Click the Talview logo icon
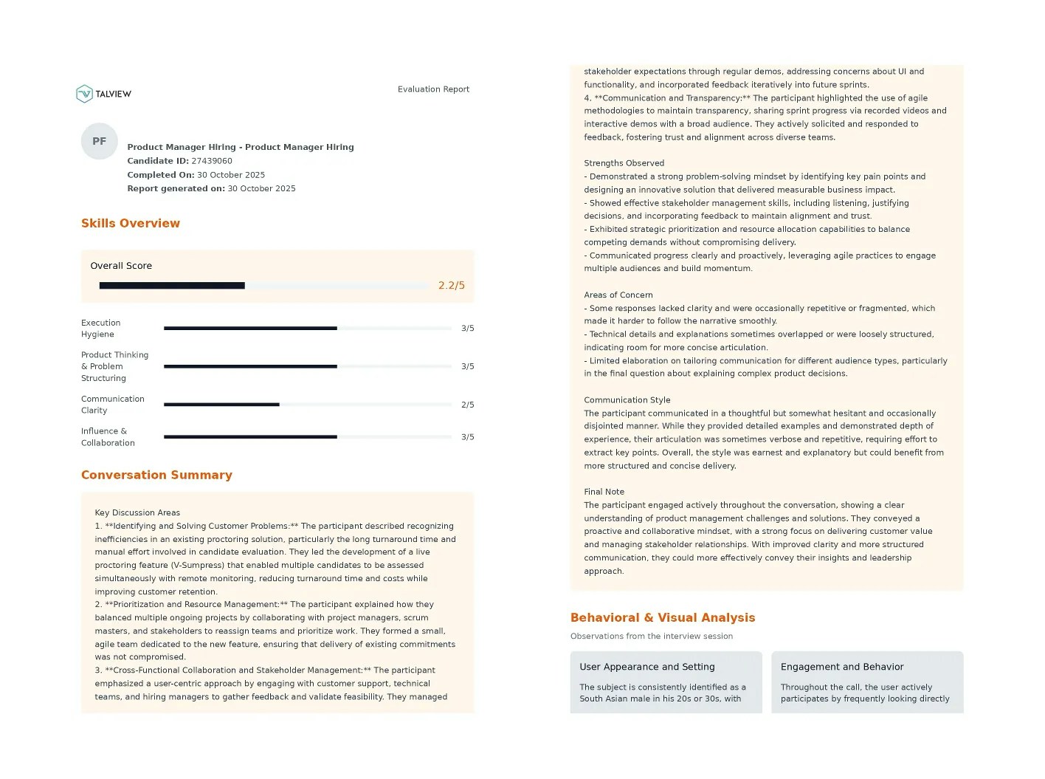(x=85, y=94)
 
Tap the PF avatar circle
(x=100, y=141)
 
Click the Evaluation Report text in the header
(x=433, y=89)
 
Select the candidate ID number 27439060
(x=212, y=161)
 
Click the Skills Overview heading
(x=131, y=224)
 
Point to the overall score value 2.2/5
(x=451, y=286)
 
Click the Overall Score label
(x=121, y=266)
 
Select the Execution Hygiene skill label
(x=101, y=329)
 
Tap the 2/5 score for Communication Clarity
(x=467, y=405)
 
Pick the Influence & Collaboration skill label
(x=108, y=437)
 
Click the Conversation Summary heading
(x=156, y=476)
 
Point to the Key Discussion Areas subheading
(x=137, y=512)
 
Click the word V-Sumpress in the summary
(x=198, y=566)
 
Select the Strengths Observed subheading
(x=624, y=163)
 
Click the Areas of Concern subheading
(x=618, y=295)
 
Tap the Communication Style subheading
(x=627, y=400)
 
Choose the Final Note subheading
(x=604, y=492)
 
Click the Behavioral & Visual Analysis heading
(x=663, y=618)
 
